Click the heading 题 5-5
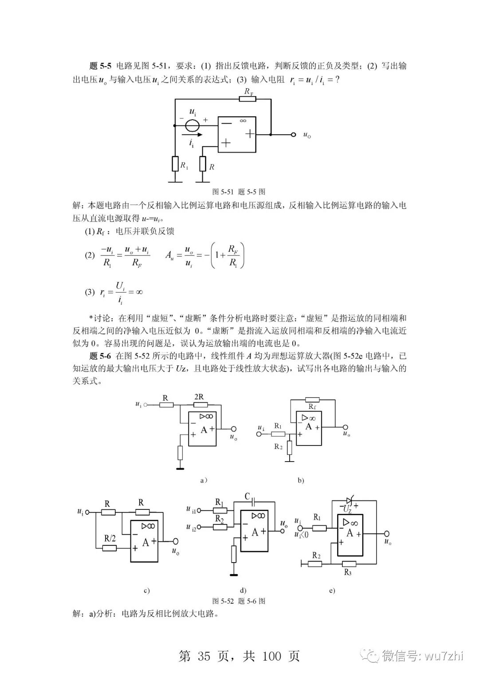pyautogui.click(x=100, y=66)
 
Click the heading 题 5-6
pyautogui.click(x=100, y=356)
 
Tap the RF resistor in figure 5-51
pyautogui.click(x=247, y=98)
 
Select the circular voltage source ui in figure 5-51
pyautogui.click(x=192, y=125)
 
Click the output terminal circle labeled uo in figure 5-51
pyautogui.click(x=293, y=134)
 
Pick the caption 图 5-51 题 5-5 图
pyautogui.click(x=239, y=192)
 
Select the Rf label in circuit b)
pyautogui.click(x=312, y=406)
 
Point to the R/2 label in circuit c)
pyautogui.click(x=110, y=538)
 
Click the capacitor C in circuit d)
pyautogui.click(x=253, y=502)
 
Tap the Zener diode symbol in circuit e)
pyautogui.click(x=349, y=501)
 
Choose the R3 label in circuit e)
pyautogui.click(x=348, y=572)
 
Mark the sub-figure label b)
pyautogui.click(x=301, y=480)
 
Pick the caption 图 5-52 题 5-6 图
pyautogui.click(x=239, y=601)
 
